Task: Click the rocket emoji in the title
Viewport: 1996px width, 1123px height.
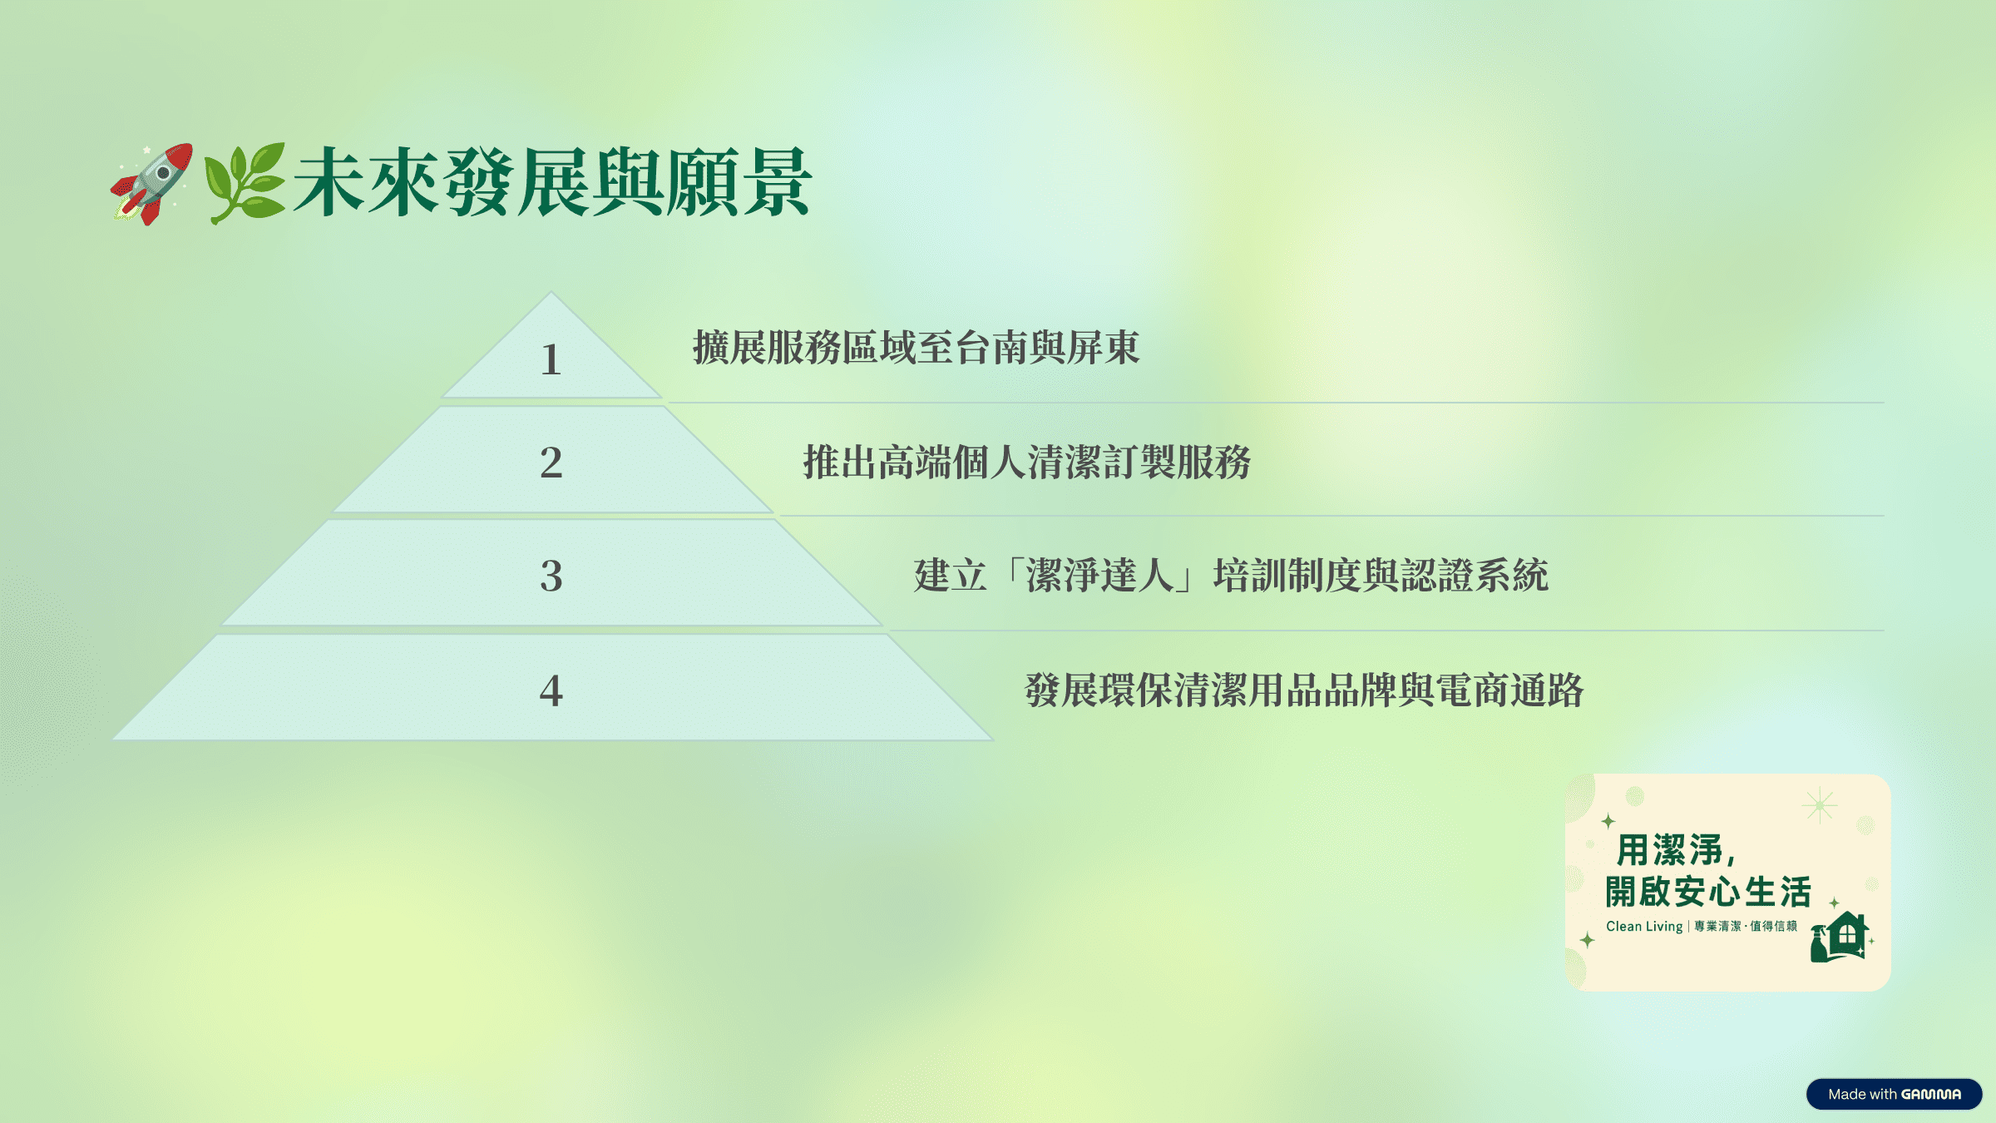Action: [152, 183]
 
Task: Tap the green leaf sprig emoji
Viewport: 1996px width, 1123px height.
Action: [245, 183]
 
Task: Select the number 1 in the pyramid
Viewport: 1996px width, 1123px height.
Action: [551, 360]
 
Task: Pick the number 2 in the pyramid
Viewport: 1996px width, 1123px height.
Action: [551, 463]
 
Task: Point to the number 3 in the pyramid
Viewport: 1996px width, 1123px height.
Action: [551, 576]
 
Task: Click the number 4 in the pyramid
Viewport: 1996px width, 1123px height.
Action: [551, 690]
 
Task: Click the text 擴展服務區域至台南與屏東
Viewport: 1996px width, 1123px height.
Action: [916, 347]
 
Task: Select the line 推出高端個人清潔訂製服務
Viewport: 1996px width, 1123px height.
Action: [1026, 462]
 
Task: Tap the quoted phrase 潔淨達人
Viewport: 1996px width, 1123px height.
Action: [1099, 576]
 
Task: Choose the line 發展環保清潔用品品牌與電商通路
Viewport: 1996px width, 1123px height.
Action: [1304, 690]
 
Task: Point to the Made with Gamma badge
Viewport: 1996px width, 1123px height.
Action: [1894, 1094]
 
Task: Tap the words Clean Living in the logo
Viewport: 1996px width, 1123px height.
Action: [1644, 926]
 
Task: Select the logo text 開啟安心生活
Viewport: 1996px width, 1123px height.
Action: [1708, 892]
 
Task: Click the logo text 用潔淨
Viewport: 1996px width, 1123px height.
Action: [1670, 850]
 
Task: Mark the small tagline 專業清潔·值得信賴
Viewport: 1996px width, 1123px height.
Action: [1746, 926]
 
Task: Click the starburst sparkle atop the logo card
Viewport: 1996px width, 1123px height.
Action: [1820, 805]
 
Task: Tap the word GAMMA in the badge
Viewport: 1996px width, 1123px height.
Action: [1931, 1094]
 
